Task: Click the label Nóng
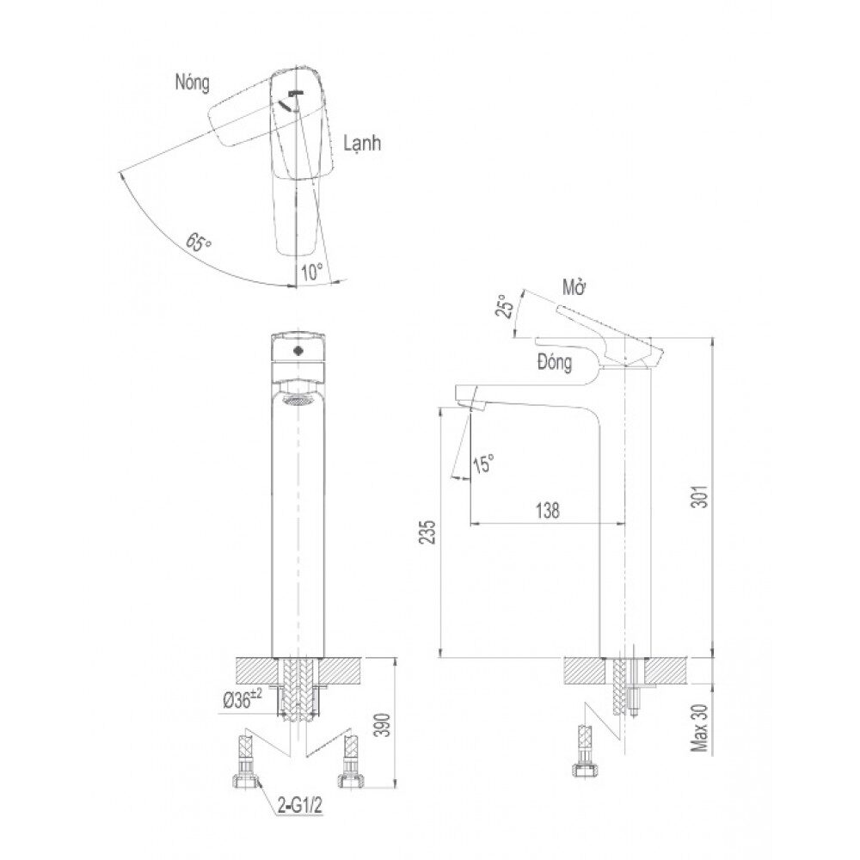pyautogui.click(x=192, y=83)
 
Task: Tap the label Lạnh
pyautogui.click(x=362, y=144)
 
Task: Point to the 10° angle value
pyautogui.click(x=311, y=272)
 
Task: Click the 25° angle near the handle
pyautogui.click(x=504, y=306)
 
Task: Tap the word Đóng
pyautogui.click(x=555, y=363)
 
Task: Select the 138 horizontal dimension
pyautogui.click(x=547, y=511)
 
